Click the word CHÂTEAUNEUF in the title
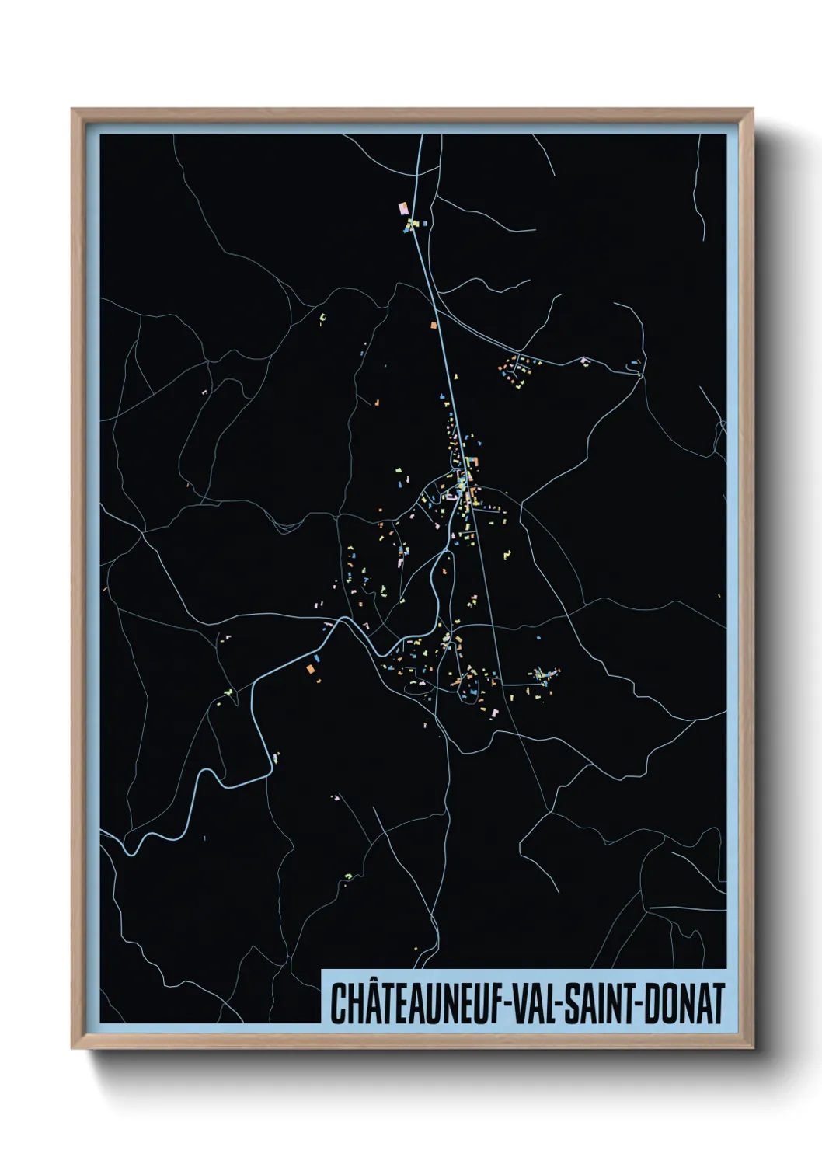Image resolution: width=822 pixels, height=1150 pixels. (x=416, y=1003)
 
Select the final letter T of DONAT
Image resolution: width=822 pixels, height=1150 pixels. (x=717, y=1003)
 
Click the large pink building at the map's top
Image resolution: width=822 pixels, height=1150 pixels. (x=402, y=208)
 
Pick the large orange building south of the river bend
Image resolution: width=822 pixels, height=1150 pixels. (x=310, y=667)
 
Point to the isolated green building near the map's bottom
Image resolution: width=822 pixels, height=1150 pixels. (x=348, y=877)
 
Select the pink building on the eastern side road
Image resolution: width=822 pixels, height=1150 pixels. (x=584, y=360)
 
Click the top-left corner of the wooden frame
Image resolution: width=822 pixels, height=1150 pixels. (x=73, y=110)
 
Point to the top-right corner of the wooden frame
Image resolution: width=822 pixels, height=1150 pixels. (x=751, y=110)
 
